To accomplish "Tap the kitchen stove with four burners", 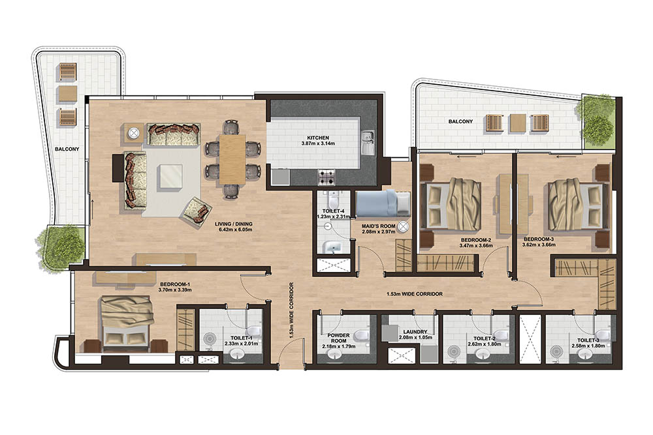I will (x=326, y=176).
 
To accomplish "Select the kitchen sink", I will (x=368, y=140).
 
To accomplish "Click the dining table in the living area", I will (x=232, y=158).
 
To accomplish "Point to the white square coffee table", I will (x=170, y=176).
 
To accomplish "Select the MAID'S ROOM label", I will (x=375, y=226).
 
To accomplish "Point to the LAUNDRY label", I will (x=415, y=331).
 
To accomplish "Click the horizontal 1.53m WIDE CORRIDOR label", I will (x=415, y=294).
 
